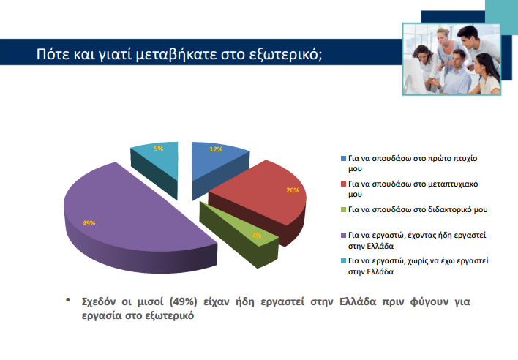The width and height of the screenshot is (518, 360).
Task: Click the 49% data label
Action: point(89,223)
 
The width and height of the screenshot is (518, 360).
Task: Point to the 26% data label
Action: point(291,190)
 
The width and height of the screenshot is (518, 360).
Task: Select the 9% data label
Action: point(159,149)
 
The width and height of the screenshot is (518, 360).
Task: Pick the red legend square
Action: point(344,184)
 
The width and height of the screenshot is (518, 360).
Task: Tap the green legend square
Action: point(344,210)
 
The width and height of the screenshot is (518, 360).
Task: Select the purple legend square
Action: point(344,236)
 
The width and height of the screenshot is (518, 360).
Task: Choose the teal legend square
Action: point(344,261)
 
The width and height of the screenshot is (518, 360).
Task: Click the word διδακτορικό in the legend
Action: point(452,209)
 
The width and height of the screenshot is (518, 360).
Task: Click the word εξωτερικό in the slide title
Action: point(282,56)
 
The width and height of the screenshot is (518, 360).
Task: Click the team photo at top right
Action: point(451,57)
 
